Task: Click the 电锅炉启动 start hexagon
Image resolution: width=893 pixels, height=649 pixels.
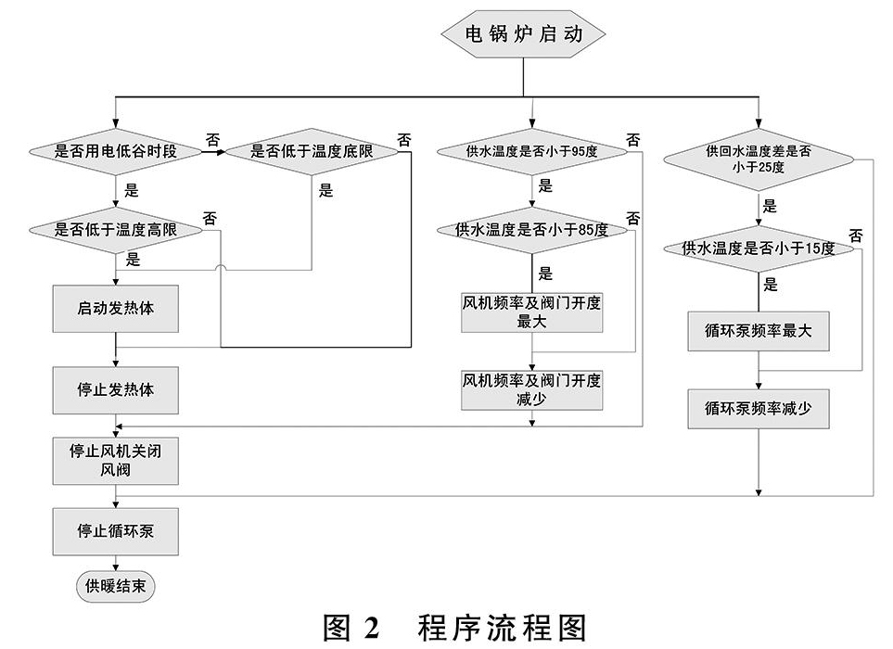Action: [523, 33]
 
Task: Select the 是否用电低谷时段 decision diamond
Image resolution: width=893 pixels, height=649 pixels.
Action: [116, 151]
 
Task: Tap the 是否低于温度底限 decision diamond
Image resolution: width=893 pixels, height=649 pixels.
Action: [312, 151]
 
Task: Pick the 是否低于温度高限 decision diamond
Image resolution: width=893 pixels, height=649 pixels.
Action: [116, 230]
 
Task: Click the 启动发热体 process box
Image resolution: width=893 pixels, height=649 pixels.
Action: [116, 309]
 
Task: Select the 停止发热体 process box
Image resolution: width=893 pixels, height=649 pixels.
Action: [116, 390]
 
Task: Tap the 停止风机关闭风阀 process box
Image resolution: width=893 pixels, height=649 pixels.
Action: [116, 461]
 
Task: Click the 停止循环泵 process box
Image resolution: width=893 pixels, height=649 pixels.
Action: [116, 531]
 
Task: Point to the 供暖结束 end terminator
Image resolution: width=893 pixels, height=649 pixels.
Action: [116, 586]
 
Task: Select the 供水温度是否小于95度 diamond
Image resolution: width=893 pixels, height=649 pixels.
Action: [532, 151]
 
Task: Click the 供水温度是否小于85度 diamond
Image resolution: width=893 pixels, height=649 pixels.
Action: [532, 230]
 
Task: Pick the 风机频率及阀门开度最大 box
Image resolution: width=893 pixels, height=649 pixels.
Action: [532, 312]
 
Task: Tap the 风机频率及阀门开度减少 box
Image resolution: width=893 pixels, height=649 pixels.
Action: [532, 390]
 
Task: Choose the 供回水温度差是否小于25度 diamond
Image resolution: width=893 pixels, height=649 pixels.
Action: [759, 159]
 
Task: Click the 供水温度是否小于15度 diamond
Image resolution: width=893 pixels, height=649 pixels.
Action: [759, 248]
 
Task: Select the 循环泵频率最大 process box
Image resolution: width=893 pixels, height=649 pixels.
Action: [759, 331]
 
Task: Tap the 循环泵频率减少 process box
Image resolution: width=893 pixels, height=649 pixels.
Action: [759, 409]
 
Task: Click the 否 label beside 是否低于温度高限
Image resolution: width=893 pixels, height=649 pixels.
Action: [210, 218]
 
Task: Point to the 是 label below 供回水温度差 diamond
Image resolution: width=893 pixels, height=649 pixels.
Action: [770, 206]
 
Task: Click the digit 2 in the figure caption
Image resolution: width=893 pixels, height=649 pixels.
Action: [371, 629]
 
